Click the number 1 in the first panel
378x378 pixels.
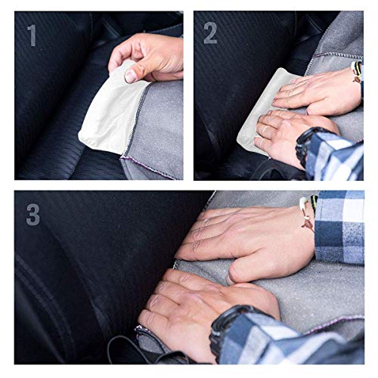coord(31,36)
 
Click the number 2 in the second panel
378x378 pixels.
coord(210,33)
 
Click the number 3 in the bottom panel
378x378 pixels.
coord(33,214)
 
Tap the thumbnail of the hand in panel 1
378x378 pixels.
coord(131,74)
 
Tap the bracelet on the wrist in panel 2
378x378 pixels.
coord(355,72)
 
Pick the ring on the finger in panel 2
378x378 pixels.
coord(261,141)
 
